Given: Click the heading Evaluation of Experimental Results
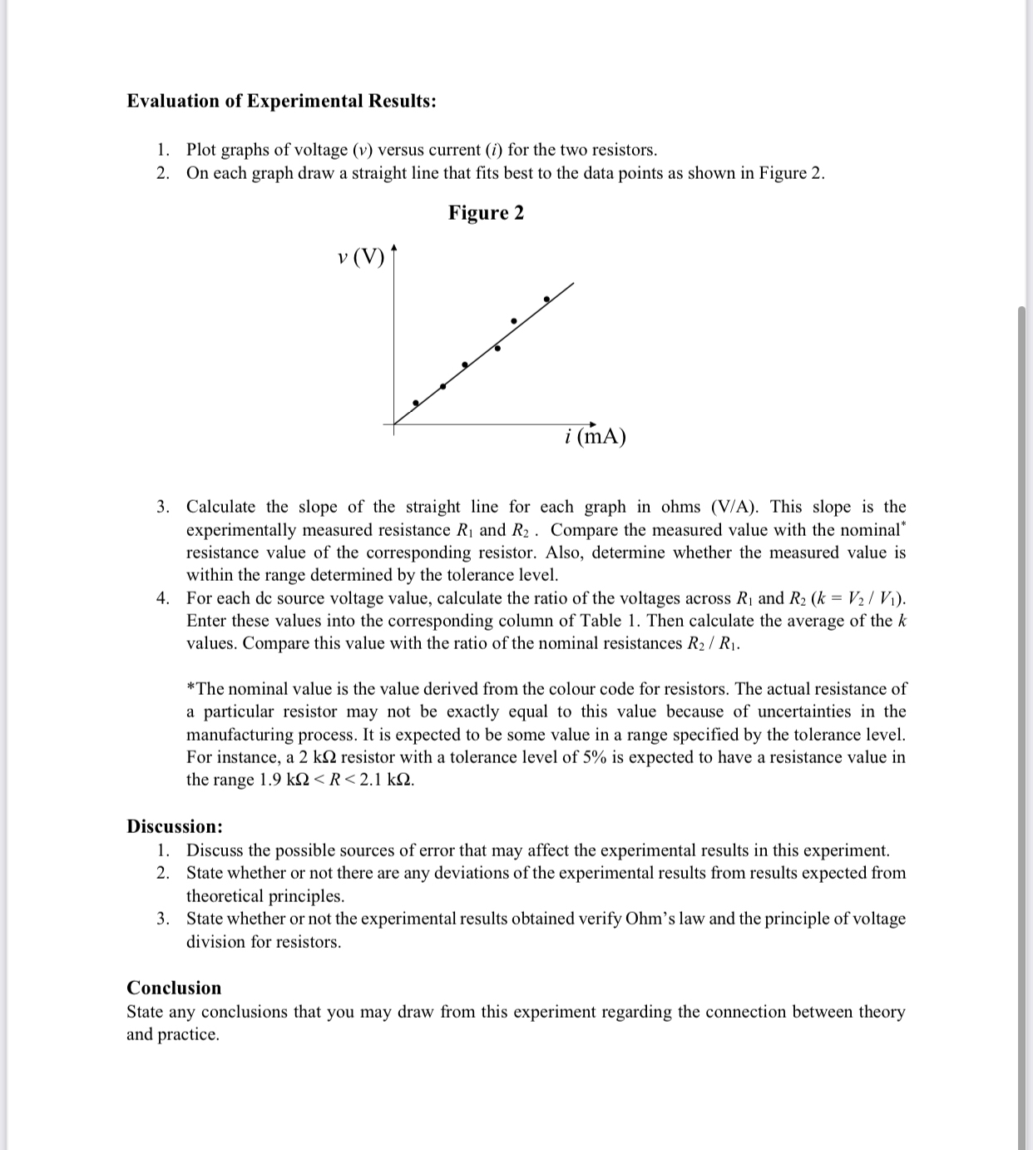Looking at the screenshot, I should click(x=281, y=102).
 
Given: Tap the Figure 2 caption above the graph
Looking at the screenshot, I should click(x=486, y=213).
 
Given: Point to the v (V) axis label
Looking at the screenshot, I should click(x=362, y=257).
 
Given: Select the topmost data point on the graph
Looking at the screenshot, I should click(x=546, y=299).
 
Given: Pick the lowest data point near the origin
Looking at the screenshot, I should click(x=416, y=403).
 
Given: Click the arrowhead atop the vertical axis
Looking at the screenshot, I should click(x=394, y=247).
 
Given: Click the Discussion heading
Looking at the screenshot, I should click(x=175, y=826).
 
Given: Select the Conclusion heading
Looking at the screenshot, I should click(x=174, y=988).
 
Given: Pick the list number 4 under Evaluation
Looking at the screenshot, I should click(x=164, y=598).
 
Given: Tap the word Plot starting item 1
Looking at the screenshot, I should click(x=202, y=150).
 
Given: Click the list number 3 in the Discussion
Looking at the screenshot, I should click(x=164, y=919).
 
